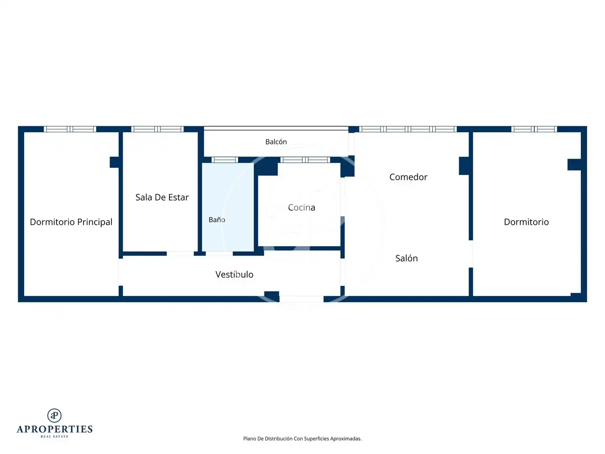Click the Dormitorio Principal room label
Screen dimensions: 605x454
[71, 222]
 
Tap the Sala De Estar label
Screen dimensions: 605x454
[162, 197]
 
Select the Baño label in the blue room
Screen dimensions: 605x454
[217, 220]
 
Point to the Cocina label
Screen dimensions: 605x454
[302, 208]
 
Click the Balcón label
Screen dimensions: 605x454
[276, 142]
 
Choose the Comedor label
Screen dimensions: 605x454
[408, 177]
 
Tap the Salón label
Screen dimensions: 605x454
[407, 258]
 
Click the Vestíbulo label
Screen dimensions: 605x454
[235, 275]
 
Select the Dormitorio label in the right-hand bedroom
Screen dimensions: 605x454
[526, 222]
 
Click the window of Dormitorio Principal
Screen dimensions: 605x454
[70, 129]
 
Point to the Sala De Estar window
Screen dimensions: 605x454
[157, 129]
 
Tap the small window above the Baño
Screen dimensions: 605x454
[225, 160]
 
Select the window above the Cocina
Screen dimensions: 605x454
[306, 160]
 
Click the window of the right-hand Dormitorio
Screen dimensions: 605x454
[534, 129]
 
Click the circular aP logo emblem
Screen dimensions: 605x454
[54, 416]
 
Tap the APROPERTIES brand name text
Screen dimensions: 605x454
[54, 429]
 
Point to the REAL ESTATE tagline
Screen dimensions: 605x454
[54, 437]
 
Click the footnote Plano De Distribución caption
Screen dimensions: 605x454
[302, 438]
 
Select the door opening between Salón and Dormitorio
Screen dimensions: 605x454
[471, 254]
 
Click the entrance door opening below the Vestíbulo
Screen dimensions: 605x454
[302, 299]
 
